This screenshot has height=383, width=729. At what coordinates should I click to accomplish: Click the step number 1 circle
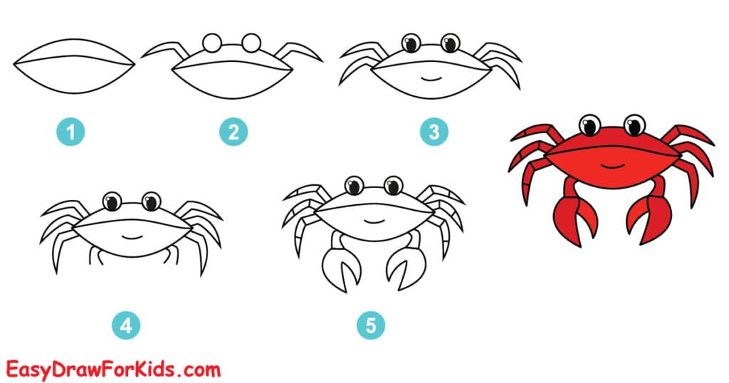(x=71, y=132)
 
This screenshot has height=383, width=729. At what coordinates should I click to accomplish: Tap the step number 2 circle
(x=233, y=132)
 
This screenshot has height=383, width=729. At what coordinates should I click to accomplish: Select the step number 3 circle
(x=434, y=132)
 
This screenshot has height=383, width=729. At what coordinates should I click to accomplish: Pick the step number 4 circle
(x=126, y=326)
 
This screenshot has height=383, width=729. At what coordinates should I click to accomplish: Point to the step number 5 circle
(x=371, y=326)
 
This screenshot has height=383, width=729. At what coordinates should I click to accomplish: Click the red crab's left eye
(x=589, y=126)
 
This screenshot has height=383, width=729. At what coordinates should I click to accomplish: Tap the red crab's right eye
(x=634, y=126)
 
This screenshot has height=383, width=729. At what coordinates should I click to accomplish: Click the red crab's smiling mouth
(x=612, y=165)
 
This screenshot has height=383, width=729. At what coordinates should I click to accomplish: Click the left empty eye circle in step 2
(x=211, y=43)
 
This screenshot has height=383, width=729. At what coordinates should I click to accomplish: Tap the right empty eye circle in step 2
(x=251, y=43)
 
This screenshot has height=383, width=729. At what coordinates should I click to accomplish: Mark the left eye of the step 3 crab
(x=410, y=44)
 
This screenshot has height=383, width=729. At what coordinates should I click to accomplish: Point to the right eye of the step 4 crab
(x=151, y=201)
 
